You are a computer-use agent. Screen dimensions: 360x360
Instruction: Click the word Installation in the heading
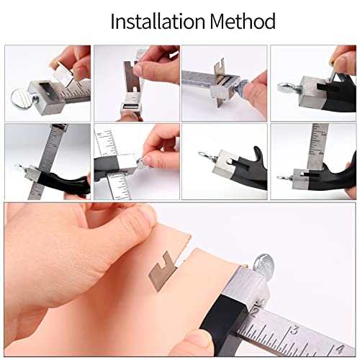(153, 21)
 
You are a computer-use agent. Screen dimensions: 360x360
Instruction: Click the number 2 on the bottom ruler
(256, 315)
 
